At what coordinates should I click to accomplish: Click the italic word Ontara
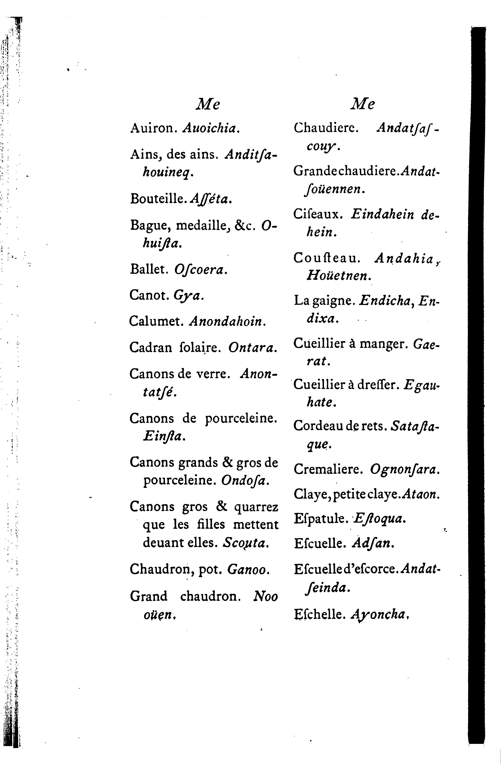(252, 347)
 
